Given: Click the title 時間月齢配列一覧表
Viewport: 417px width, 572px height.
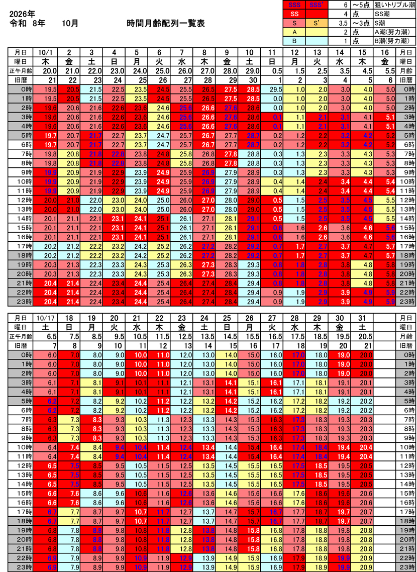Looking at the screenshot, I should click(166, 24).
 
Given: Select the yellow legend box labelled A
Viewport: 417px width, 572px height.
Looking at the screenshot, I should click(295, 32).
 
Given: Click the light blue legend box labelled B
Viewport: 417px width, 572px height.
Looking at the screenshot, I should click(295, 40).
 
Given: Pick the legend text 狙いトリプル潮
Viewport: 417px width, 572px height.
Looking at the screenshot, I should click(396, 5).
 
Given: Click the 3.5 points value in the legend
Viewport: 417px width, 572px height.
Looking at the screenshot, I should click(344, 23).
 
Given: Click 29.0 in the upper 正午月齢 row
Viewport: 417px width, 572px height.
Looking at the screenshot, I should click(250, 70).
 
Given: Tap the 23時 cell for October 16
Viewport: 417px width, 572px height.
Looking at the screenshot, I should click(385, 302).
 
